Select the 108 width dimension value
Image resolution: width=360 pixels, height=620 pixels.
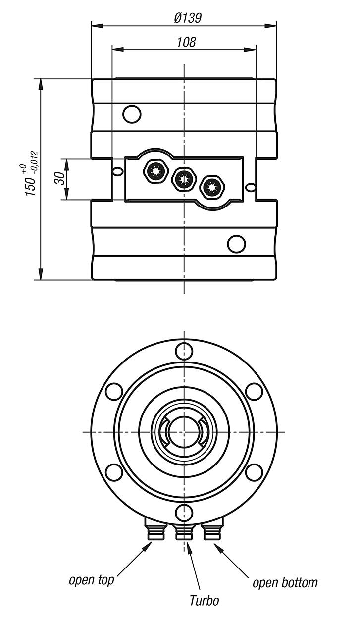pyautogui.click(x=186, y=42)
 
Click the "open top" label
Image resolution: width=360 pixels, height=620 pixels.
pyautogui.click(x=91, y=579)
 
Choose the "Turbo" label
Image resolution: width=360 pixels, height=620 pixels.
pyautogui.click(x=204, y=601)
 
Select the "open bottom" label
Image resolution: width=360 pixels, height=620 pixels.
pyautogui.click(x=285, y=582)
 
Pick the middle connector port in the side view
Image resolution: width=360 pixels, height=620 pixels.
pyautogui.click(x=183, y=179)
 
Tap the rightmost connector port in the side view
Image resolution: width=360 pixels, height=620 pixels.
pyautogui.click(x=212, y=187)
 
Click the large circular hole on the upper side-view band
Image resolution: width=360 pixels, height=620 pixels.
pyautogui.click(x=132, y=114)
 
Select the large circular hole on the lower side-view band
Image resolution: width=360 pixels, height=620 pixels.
pyautogui.click(x=236, y=243)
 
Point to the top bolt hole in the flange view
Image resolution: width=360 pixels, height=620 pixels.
pyautogui.click(x=184, y=351)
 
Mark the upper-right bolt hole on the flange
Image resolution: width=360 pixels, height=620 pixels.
pyautogui.click(x=254, y=391)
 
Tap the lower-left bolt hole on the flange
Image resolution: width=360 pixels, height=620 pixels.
pyautogui.click(x=114, y=471)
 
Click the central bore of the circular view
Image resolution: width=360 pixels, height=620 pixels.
pyautogui.click(x=183, y=431)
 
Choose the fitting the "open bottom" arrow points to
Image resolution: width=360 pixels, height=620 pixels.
pyautogui.click(x=213, y=532)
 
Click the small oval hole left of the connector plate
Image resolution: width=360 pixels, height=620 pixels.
pyautogui.click(x=117, y=171)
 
